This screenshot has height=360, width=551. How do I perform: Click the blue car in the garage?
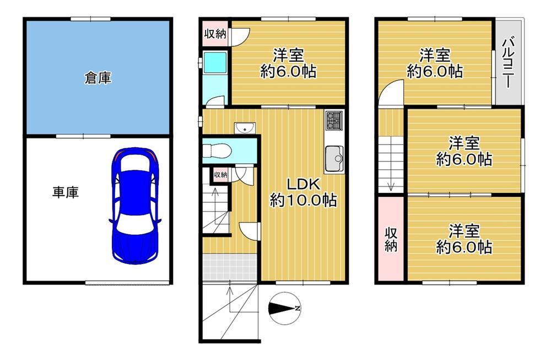pos(135,206)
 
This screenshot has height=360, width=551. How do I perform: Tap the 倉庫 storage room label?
pos(98,78)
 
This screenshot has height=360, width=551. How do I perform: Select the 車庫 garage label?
pos(66,192)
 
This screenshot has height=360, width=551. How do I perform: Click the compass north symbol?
pos(285,308)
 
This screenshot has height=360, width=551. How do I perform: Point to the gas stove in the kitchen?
pos(334,120)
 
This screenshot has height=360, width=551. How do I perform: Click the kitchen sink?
pos(334,158)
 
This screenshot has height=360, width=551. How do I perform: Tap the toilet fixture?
pos(217,151)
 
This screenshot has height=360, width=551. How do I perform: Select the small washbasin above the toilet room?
pos(245,128)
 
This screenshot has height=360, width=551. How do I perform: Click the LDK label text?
pos(303,184)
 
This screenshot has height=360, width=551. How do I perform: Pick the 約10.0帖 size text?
pos(303,200)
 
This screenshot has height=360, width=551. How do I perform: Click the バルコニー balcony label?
pos(508,62)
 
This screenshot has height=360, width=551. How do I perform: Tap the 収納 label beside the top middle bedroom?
pos(215,34)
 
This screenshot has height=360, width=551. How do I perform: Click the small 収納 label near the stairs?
pos(221,175)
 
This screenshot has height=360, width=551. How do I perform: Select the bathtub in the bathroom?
pos(215,63)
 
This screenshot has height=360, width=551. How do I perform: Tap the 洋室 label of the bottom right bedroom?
pos(464,232)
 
